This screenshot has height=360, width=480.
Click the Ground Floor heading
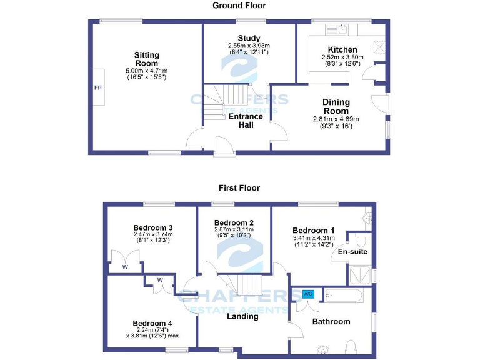(x=239, y=6)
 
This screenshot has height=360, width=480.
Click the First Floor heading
(x=239, y=187)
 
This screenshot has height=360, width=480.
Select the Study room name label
(x=249, y=39)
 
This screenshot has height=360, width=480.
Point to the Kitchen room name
(x=342, y=49)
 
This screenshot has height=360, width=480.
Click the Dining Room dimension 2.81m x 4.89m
(x=336, y=119)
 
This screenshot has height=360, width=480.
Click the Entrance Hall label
(x=246, y=121)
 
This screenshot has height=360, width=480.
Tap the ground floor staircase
(x=228, y=100)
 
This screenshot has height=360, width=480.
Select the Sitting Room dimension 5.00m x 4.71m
(x=147, y=71)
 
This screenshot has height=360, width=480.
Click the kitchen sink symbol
(x=342, y=29)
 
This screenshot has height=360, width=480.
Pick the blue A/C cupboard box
(x=308, y=294)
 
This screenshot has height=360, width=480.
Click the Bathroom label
(x=331, y=322)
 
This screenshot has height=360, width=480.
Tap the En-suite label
(x=352, y=252)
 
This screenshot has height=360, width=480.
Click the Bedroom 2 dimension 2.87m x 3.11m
(x=234, y=230)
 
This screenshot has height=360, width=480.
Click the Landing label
(x=242, y=316)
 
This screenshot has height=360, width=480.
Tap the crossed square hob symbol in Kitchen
(x=379, y=45)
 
